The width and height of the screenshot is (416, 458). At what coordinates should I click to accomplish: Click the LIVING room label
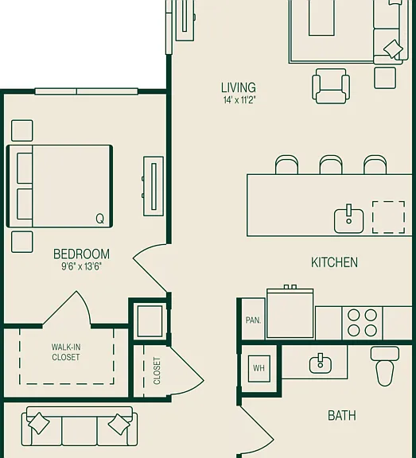239,87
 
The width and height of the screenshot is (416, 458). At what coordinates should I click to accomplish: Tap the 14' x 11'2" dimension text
239,100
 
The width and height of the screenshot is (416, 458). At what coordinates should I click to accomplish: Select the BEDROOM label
81,254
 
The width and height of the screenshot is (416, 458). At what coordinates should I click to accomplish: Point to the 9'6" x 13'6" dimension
81,266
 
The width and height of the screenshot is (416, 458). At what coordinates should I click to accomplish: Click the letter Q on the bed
100,218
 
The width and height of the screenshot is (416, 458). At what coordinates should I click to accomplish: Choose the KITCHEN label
334,262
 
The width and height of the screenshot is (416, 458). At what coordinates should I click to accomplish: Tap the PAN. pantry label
253,320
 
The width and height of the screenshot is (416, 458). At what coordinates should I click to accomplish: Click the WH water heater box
259,368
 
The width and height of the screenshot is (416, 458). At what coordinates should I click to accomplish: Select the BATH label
342,415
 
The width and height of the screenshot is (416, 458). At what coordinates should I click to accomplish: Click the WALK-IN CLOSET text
66,352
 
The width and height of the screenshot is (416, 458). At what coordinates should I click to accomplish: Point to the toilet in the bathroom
385,366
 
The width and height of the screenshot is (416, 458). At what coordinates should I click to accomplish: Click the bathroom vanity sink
321,364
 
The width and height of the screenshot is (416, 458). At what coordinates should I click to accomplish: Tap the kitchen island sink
349,219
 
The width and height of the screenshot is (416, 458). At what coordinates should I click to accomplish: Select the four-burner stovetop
362,323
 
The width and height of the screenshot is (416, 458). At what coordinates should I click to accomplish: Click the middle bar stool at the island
331,165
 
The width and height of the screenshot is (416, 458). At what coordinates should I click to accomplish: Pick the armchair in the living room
331,86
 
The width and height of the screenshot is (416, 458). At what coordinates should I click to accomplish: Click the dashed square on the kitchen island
388,217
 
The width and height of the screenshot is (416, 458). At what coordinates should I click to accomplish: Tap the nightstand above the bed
22,130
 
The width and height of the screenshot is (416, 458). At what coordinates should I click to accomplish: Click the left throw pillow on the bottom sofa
38,424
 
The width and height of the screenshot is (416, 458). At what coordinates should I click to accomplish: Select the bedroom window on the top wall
87,91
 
